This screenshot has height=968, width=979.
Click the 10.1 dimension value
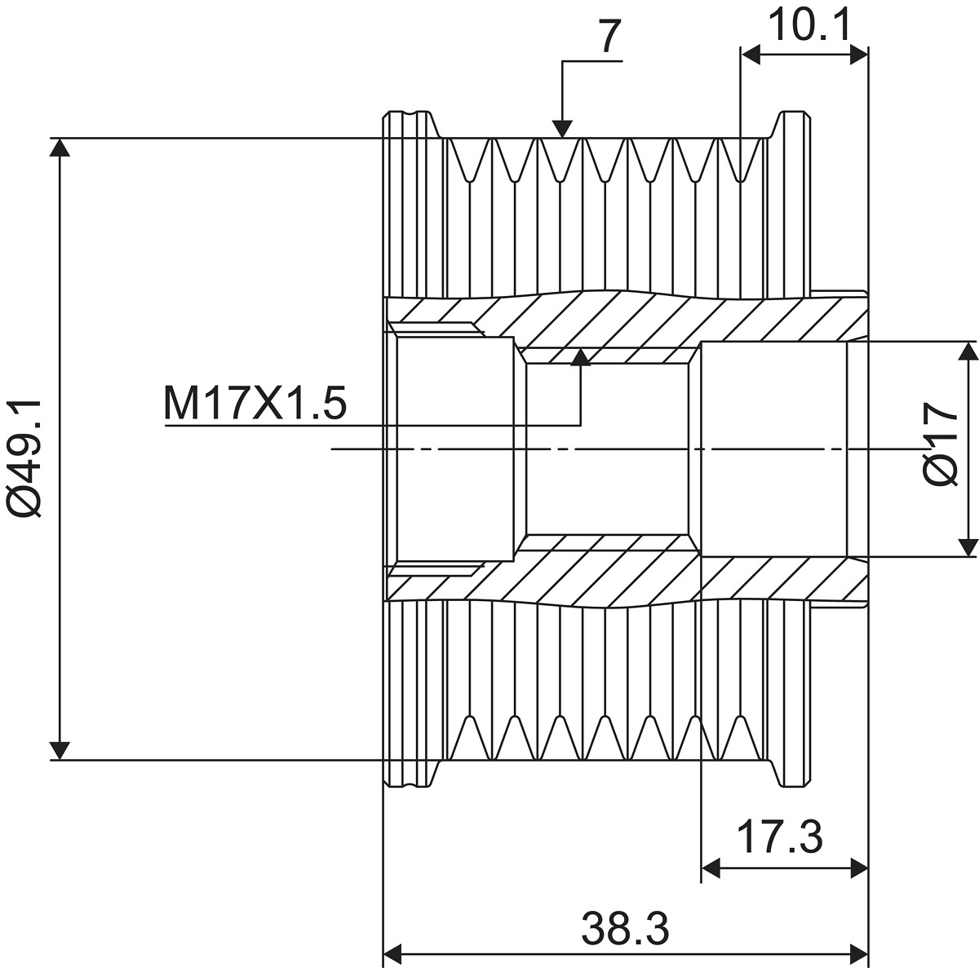click(x=810, y=25)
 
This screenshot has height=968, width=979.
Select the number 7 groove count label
click(x=610, y=38)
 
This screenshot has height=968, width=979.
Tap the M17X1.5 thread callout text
click(x=255, y=402)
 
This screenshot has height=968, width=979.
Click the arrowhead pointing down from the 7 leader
click(x=562, y=129)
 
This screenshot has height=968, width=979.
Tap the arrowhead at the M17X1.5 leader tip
click(x=581, y=357)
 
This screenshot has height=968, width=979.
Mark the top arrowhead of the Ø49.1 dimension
click(x=60, y=148)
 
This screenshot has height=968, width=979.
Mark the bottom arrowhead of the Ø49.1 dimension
click(x=60, y=750)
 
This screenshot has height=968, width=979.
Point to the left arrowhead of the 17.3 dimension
click(x=711, y=869)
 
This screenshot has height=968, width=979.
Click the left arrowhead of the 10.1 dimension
click(x=751, y=55)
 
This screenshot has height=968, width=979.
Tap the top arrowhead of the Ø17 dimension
click(x=968, y=351)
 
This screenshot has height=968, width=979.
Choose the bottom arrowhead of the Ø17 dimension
click(x=968, y=547)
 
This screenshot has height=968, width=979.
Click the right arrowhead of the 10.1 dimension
click(x=859, y=55)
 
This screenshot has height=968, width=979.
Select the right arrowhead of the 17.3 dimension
click(x=859, y=869)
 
